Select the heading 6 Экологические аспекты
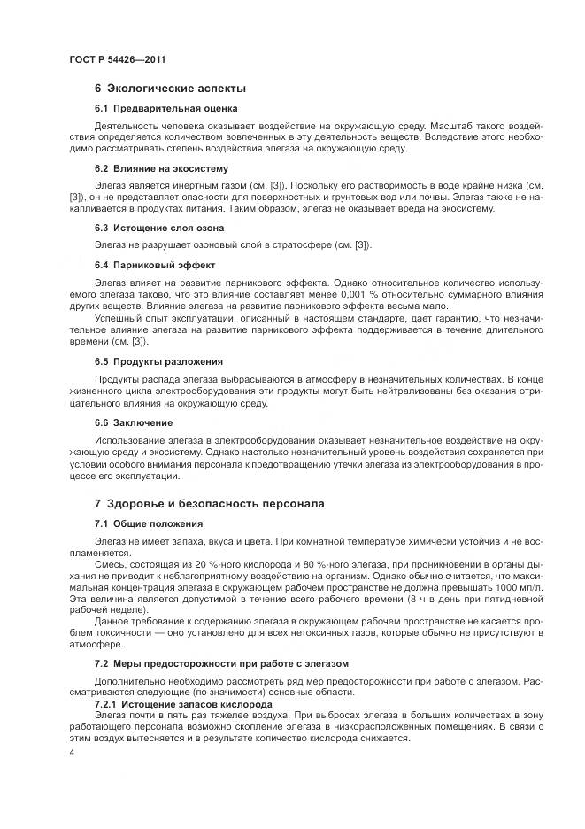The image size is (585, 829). click(x=169, y=89)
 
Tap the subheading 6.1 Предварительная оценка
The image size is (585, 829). click(x=153, y=108)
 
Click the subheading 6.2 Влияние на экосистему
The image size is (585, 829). click(x=149, y=167)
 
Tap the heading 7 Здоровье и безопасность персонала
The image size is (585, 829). click(x=209, y=504)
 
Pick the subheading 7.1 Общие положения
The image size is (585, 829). click(x=136, y=523)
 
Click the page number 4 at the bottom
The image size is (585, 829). click(x=71, y=751)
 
